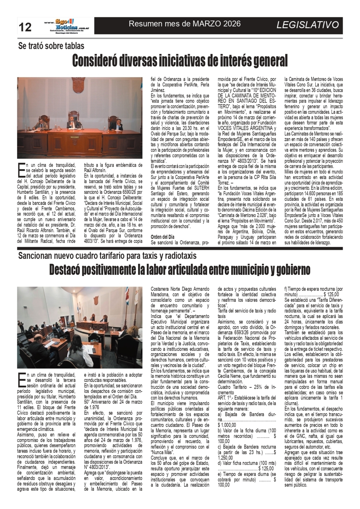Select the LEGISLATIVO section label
pos(308,25)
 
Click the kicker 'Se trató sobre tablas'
pos(51,46)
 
